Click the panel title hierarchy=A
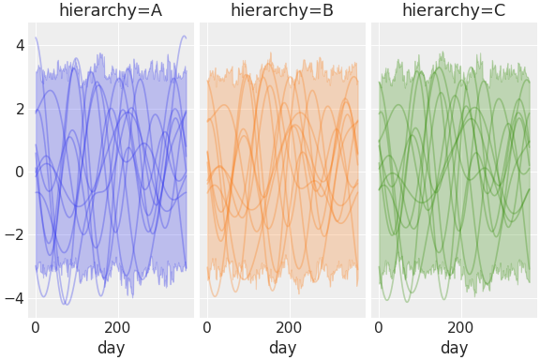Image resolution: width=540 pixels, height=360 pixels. coord(111,11)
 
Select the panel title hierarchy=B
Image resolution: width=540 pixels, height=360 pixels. coord(282,11)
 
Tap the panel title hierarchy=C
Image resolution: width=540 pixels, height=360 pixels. coord(454,11)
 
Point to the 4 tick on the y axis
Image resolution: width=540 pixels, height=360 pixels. coord(19,44)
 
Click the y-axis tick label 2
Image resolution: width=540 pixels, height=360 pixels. coord(19,108)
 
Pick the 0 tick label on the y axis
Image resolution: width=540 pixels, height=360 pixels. coord(19,172)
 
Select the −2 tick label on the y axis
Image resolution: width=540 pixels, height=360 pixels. coord(14,234)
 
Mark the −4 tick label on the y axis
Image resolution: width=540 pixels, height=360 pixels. coord(14,298)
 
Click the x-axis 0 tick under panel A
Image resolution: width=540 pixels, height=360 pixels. coord(36,328)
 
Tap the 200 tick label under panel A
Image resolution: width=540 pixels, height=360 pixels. coord(117,328)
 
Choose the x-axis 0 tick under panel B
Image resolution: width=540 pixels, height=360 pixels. coord(207,328)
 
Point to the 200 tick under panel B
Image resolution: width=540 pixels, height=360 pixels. coord(289,328)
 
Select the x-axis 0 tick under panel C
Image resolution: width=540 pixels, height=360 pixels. coord(379,328)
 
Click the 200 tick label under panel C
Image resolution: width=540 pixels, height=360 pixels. coord(460,328)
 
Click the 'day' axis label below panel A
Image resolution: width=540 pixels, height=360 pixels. coord(111,349)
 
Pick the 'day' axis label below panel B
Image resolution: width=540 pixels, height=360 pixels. coord(282,349)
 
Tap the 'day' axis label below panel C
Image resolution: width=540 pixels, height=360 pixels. coord(454,349)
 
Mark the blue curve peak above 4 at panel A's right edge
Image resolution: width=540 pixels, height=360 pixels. coord(184,37)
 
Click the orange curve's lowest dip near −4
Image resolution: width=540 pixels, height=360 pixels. coord(216,296)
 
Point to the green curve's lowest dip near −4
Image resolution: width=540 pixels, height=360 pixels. coord(406,301)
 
